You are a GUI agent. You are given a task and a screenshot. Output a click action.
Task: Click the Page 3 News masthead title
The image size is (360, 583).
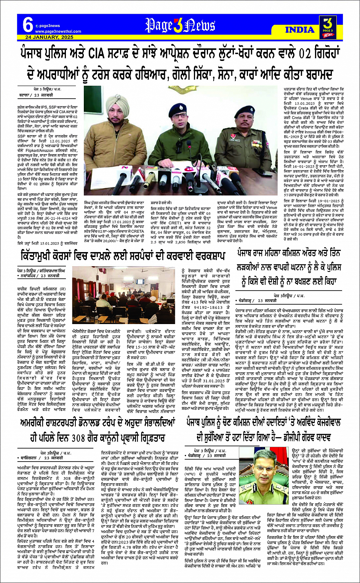click(180, 25)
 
